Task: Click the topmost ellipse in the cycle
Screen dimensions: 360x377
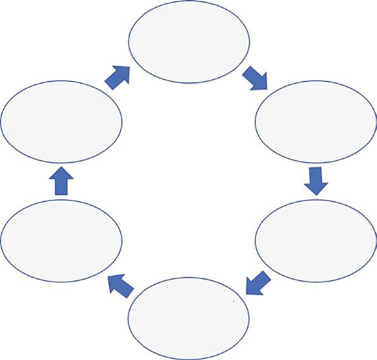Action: [188, 41]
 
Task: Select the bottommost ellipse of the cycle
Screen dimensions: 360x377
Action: [188, 318]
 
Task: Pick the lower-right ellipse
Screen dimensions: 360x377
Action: [315, 240]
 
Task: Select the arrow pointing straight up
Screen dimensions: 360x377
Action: [61, 181]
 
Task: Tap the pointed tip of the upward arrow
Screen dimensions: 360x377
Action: [61, 167]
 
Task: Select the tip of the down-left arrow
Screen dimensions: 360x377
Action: [246, 292]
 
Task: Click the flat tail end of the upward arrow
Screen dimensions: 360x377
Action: [61, 194]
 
